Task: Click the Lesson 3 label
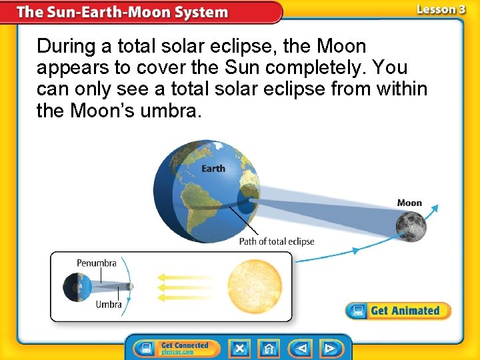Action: (441, 9)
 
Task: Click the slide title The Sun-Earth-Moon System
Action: (122, 12)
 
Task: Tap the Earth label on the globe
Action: (213, 168)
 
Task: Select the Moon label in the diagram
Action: (409, 203)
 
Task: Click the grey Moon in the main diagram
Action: (411, 225)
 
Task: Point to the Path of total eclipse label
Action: (277, 241)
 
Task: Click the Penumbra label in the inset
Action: (97, 263)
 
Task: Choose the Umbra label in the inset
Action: (109, 305)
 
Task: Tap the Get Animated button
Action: (398, 311)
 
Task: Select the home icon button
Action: (269, 348)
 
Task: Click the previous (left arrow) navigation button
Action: (302, 348)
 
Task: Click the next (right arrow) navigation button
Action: (329, 348)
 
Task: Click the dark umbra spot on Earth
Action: (247, 202)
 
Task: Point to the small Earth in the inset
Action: (73, 287)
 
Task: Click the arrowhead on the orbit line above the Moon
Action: (436, 208)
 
